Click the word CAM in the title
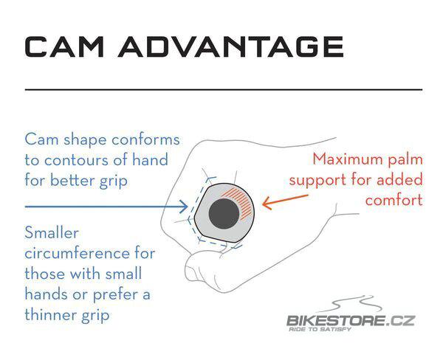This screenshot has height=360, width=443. click(64, 47)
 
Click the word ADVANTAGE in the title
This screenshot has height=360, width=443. click(231, 47)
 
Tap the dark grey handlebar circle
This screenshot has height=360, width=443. click(224, 213)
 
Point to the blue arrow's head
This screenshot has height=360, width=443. click(184, 207)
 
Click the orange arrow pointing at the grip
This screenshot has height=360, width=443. click(285, 201)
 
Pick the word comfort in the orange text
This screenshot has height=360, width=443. click(394, 200)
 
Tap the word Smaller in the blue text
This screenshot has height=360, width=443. click(52, 233)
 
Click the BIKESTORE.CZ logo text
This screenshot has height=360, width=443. click(351, 321)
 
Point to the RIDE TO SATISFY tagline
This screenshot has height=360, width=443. click(320, 329)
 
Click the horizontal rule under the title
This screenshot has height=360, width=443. click(224, 90)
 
